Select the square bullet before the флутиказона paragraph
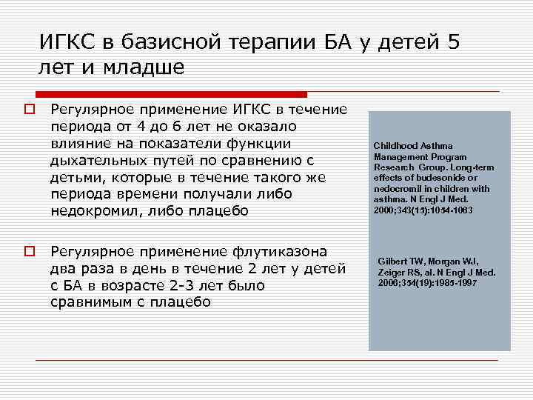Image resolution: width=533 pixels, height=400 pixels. tap(30, 252)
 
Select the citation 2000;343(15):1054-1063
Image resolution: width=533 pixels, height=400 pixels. tap(423, 210)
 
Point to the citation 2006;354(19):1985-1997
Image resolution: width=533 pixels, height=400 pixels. tap(428, 283)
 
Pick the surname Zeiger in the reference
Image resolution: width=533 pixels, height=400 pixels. tap(394, 272)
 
